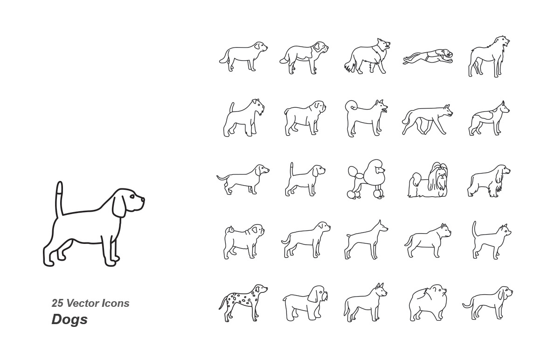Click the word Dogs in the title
click(69, 319)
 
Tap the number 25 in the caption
click(57, 303)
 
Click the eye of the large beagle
click(132, 197)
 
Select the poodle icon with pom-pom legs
click(367, 179)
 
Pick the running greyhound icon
click(428, 57)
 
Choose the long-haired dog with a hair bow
click(429, 180)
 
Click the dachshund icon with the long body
click(243, 179)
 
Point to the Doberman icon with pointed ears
click(366, 240)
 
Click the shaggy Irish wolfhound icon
click(489, 57)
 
